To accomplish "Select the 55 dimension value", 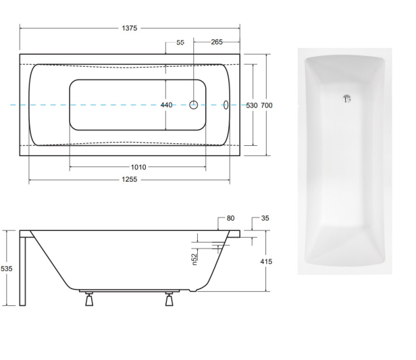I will [180, 43].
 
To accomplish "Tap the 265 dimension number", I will [216, 43].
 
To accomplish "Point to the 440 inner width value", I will [166, 105].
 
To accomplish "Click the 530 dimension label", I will [252, 105].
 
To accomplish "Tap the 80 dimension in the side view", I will [230, 218].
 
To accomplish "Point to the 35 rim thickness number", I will [264, 218].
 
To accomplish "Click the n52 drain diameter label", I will [193, 257].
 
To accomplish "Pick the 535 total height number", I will [6, 268].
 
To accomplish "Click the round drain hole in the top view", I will [194, 105].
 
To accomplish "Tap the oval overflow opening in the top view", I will [226, 105].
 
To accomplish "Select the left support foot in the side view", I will [88, 300].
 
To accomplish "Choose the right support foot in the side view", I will [169, 300].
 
